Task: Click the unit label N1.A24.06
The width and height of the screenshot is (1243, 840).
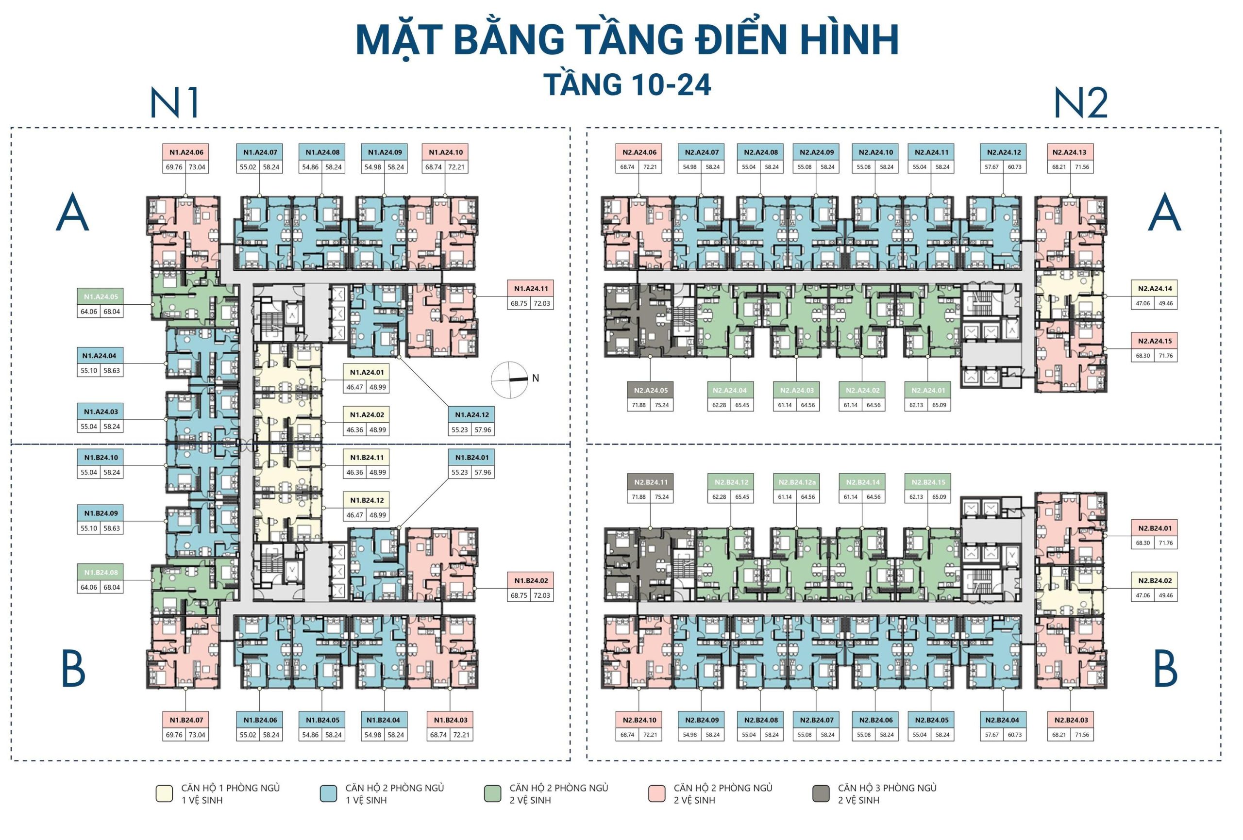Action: point(186,152)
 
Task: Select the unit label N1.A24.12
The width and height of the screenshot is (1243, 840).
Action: point(471,415)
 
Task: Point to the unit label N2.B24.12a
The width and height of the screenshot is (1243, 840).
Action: point(796,482)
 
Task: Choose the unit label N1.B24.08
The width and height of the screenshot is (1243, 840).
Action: point(101,573)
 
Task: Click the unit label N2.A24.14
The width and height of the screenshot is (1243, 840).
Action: point(1154,289)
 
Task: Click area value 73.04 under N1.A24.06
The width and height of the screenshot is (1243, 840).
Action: point(197,167)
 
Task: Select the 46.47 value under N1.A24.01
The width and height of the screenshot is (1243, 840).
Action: point(354,387)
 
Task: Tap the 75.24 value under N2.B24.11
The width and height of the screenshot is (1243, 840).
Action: point(662,497)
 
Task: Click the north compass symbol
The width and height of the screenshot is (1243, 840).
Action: point(510,379)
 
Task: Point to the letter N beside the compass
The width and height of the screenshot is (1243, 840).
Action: point(536,379)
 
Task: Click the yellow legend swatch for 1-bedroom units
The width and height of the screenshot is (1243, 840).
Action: point(164,793)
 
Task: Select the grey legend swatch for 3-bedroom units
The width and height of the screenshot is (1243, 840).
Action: point(821,793)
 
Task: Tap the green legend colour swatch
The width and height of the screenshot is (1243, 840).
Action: point(492,793)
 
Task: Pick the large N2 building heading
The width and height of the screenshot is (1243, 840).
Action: point(1080,103)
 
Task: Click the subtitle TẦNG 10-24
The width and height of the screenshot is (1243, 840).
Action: point(627,84)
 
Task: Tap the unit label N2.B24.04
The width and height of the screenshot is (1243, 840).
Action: point(1002,720)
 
